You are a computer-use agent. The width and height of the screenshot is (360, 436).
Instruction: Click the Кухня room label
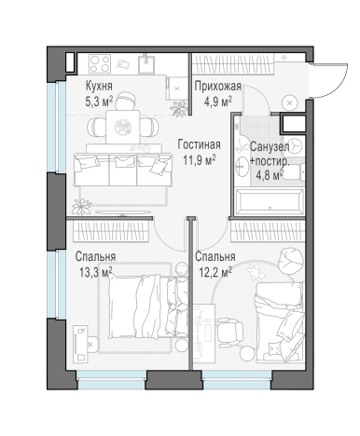pyautogui.click(x=99, y=86)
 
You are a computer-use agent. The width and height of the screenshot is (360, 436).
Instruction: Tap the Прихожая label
pyautogui.click(x=218, y=86)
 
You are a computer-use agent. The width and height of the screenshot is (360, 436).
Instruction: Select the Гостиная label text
pyautogui.click(x=200, y=144)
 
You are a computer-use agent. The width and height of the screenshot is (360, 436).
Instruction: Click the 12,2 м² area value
pyautogui.click(x=215, y=273)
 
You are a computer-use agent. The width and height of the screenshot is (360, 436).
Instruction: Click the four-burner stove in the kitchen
pyautogui.click(x=100, y=63)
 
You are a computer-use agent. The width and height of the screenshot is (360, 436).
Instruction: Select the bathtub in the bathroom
pyautogui.click(x=270, y=202)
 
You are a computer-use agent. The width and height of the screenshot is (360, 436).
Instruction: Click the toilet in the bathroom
pyautogui.click(x=296, y=171)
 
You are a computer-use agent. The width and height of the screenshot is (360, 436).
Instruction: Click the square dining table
pyautogui.click(x=122, y=127)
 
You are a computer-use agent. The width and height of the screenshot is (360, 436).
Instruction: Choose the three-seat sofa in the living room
pyautogui.click(x=123, y=170)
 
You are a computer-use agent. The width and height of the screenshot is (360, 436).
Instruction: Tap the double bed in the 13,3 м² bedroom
pyautogui.click(x=148, y=307)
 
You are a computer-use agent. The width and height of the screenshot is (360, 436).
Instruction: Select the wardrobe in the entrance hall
pyautogui.click(x=232, y=63)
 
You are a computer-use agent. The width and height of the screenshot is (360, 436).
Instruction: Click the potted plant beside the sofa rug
pyautogui.click(x=82, y=207)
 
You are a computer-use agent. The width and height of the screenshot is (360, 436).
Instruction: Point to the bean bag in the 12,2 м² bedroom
pyautogui.click(x=290, y=260)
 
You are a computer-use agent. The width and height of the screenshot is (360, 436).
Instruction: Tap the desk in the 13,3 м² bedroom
pyautogui.click(x=80, y=344)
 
